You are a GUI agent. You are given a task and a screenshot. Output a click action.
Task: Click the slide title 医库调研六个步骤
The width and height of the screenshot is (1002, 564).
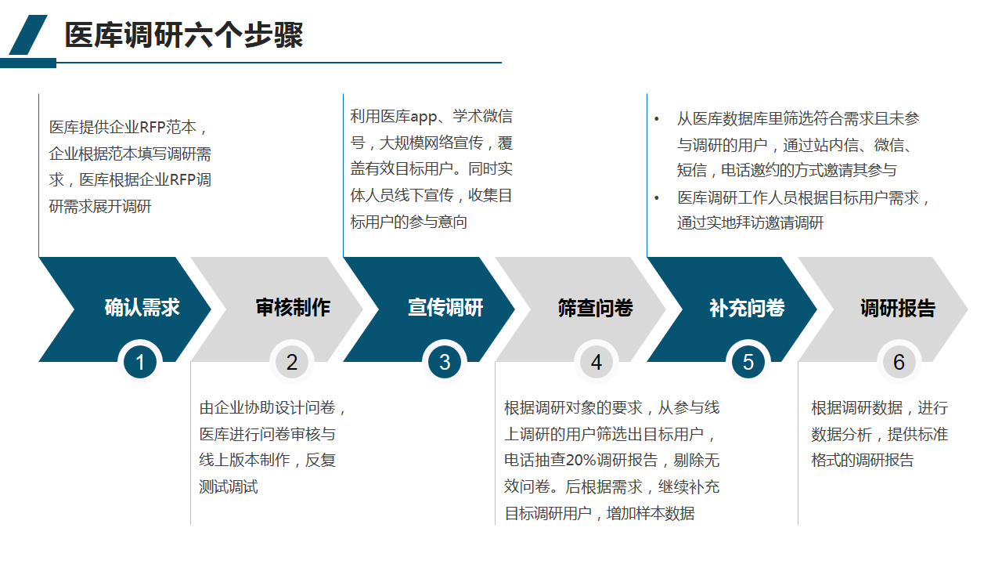(x=184, y=35)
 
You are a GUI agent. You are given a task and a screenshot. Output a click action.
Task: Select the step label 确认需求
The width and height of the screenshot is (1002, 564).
(x=142, y=308)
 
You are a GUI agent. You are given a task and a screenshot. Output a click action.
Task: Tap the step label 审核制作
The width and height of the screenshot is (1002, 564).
(x=293, y=308)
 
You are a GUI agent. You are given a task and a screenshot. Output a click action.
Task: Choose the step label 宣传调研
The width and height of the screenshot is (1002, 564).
(x=445, y=308)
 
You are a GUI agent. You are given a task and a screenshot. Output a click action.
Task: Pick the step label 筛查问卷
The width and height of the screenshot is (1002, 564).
(x=596, y=308)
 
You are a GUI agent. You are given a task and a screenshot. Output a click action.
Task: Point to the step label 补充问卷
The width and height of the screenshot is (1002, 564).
(x=747, y=308)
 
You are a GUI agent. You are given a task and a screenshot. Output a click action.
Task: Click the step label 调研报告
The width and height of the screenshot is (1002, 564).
(x=897, y=308)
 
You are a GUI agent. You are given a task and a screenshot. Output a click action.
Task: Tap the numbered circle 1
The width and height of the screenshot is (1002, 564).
(x=140, y=363)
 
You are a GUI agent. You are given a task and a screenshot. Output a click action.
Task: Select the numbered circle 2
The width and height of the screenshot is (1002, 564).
(x=292, y=363)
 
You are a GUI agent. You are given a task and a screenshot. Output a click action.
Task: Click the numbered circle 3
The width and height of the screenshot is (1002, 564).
(x=445, y=363)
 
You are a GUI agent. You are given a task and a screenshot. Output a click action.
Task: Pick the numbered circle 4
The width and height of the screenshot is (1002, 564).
(x=597, y=363)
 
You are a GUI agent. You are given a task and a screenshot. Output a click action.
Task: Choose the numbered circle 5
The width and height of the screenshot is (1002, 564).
(x=748, y=363)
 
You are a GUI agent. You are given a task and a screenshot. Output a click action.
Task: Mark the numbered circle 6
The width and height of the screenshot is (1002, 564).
(x=899, y=363)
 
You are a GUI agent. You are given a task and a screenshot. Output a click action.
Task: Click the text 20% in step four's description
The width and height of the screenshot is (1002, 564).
(x=580, y=460)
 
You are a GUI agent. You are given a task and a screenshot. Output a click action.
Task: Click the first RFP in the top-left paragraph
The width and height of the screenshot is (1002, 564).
(x=156, y=128)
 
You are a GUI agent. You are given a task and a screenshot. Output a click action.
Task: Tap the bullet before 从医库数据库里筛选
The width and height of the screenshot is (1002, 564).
(x=658, y=119)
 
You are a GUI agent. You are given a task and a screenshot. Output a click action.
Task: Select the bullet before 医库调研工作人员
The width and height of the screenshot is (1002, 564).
(x=658, y=197)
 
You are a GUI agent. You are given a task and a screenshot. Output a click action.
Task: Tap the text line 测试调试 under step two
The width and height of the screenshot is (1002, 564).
(x=229, y=486)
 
